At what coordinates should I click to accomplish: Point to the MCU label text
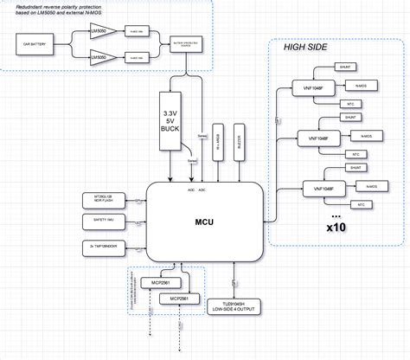[x=204, y=222]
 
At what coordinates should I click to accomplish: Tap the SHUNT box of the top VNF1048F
[x=345, y=66]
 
